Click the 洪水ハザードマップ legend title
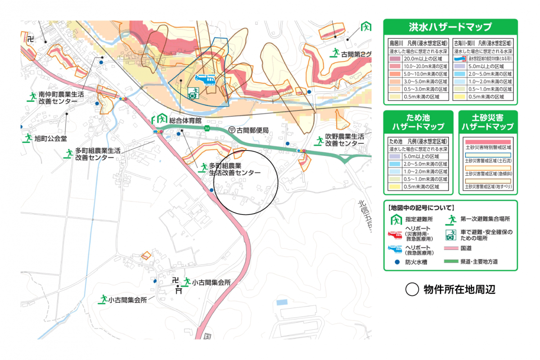(x=450, y=27)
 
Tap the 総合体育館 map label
(x=185, y=120)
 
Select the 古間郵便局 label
(x=252, y=130)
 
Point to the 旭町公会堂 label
(x=50, y=138)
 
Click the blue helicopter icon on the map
(x=206, y=80)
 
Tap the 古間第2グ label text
(x=356, y=54)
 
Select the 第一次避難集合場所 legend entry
(x=485, y=219)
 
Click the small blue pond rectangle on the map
(x=281, y=301)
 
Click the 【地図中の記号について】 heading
(x=421, y=208)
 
